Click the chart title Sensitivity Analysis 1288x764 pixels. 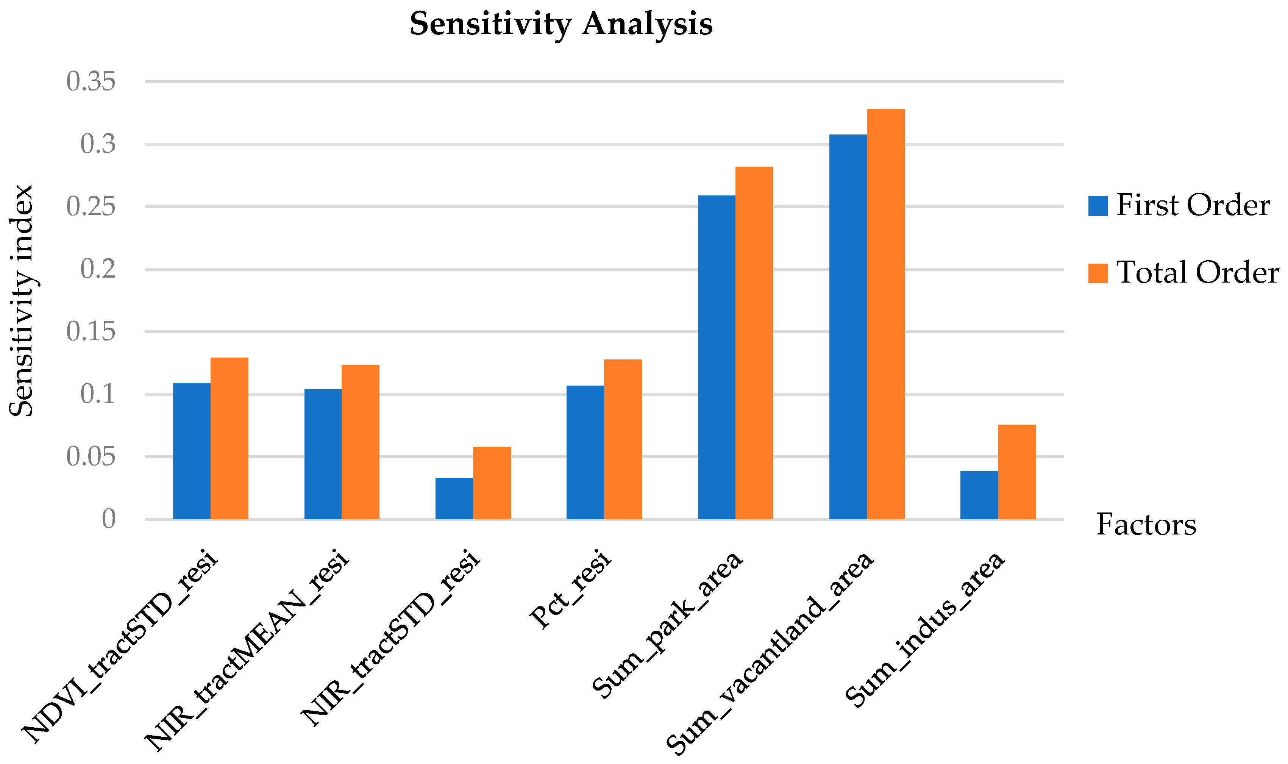click(x=561, y=24)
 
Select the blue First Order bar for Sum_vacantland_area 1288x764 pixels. click(x=848, y=327)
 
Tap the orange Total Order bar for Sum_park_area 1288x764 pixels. click(x=754, y=343)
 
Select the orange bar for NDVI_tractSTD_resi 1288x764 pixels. click(x=229, y=438)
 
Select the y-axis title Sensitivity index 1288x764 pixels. click(x=22, y=301)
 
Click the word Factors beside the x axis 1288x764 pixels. click(x=1146, y=525)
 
